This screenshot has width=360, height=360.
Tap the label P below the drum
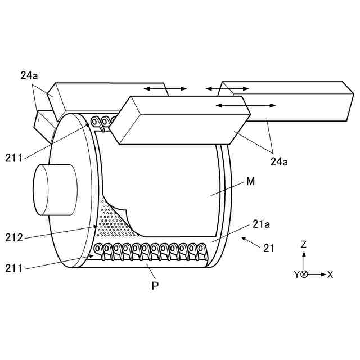click(x=155, y=285)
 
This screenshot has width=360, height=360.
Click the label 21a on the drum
click(x=262, y=224)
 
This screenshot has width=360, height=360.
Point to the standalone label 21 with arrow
click(x=269, y=247)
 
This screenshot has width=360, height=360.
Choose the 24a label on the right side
click(x=280, y=161)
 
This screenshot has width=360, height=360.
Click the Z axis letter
click(x=304, y=244)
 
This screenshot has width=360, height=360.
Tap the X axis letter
click(x=331, y=274)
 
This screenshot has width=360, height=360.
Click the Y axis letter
click(x=296, y=274)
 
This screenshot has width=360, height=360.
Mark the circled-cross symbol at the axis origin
click(x=304, y=274)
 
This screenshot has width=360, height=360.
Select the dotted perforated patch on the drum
click(x=115, y=222)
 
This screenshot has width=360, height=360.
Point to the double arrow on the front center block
click(x=246, y=105)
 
